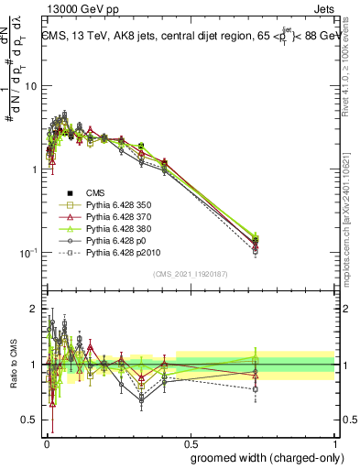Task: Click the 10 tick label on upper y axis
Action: pos(29,86)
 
